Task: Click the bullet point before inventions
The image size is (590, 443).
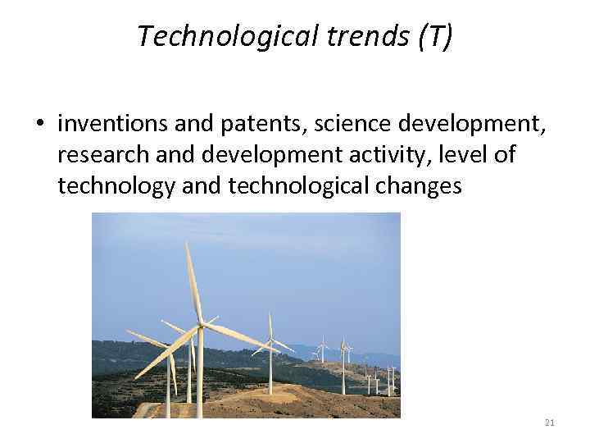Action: [x=39, y=125]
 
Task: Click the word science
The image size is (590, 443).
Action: [x=343, y=125]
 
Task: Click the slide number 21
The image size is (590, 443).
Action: [x=549, y=422]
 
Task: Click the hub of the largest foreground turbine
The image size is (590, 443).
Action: [x=200, y=327]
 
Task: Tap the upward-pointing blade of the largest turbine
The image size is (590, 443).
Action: [x=193, y=283]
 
